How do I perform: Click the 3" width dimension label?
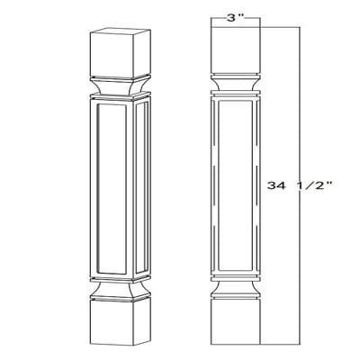coord(235,19)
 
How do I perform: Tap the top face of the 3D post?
coord(121,31)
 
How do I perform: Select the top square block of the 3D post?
coord(121,53)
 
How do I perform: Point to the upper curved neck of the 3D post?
coord(121,85)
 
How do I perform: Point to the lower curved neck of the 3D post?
coord(121,289)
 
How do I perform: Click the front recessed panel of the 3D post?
coord(112,189)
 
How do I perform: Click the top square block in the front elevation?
coord(236,50)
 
